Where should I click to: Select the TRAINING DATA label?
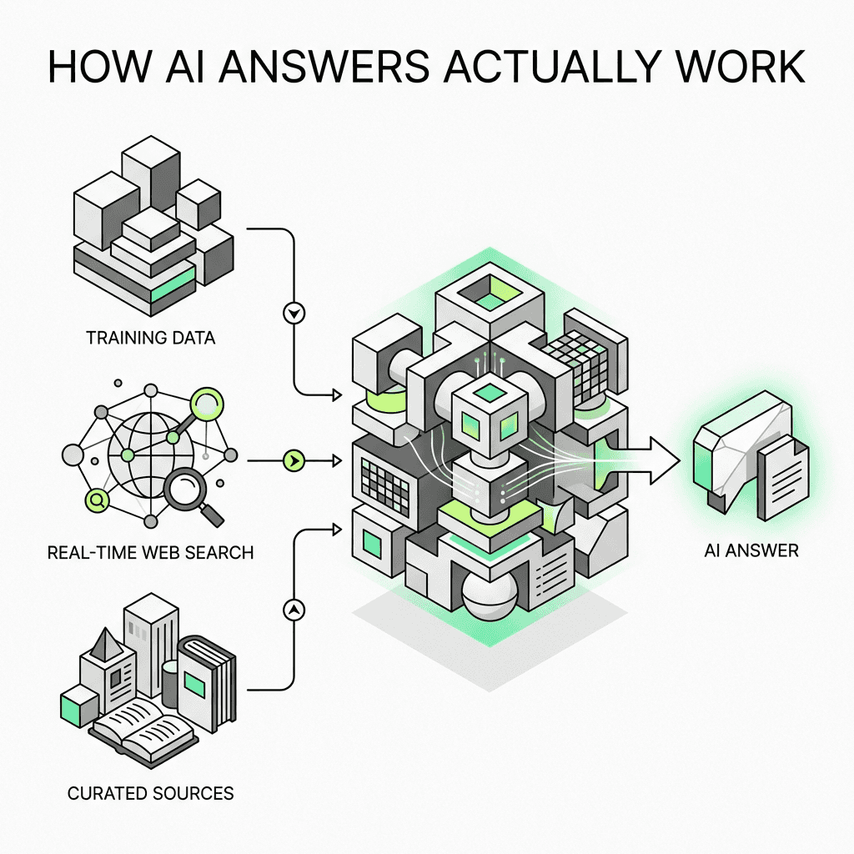click(x=150, y=339)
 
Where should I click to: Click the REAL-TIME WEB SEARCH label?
click(x=150, y=552)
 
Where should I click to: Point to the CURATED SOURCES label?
click(x=150, y=792)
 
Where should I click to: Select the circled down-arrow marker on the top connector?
click(x=295, y=314)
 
